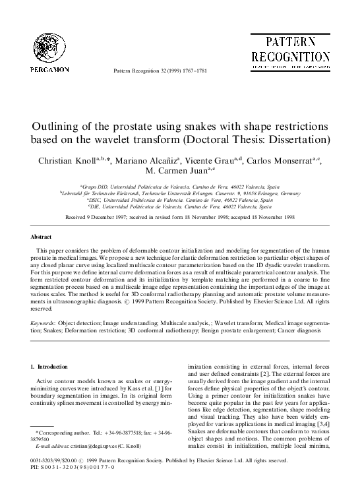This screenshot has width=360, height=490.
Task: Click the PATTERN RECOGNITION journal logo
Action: click(289, 50)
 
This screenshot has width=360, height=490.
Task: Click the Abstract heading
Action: click(42, 236)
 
